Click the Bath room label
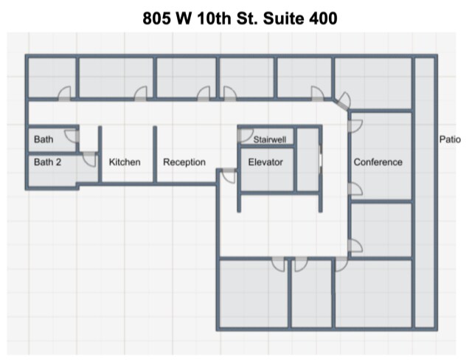[44, 139]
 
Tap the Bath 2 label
[47, 162]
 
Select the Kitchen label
[125, 162]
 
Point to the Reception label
[184, 162]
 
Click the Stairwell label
[270, 139]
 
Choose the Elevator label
[265, 162]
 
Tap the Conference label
[378, 162]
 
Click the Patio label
[450, 139]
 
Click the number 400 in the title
[323, 18]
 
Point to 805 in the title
[156, 18]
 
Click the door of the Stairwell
[245, 136]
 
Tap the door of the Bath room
[72, 136]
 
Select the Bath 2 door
[89, 159]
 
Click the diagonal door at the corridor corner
[344, 100]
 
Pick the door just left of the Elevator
[228, 176]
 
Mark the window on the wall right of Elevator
[320, 159]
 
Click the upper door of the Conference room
[355, 126]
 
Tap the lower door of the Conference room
[355, 189]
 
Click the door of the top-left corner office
[64, 94]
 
